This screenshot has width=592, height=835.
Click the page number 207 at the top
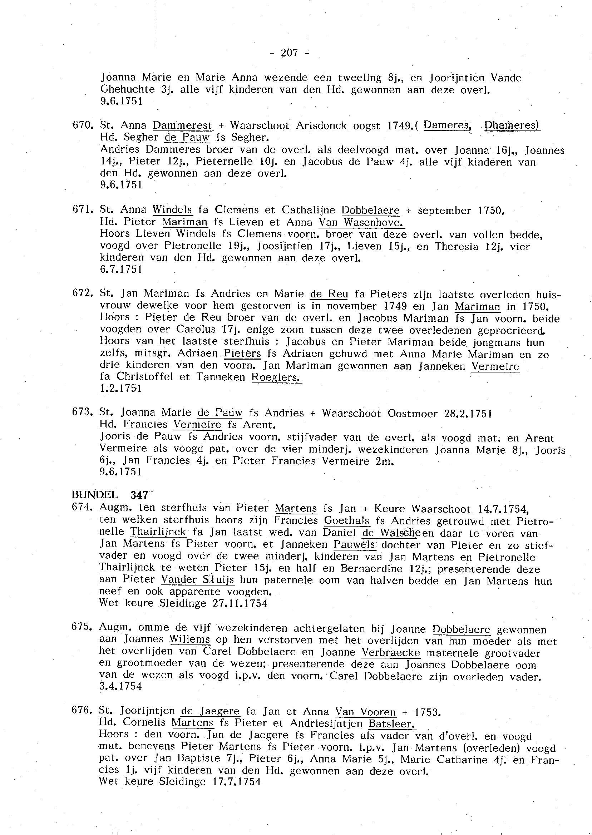click(x=290, y=53)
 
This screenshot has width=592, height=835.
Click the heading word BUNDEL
click(x=95, y=495)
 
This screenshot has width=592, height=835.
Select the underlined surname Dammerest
click(x=182, y=125)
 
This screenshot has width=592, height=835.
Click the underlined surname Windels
click(x=172, y=210)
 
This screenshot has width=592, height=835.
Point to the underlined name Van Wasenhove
click(x=361, y=222)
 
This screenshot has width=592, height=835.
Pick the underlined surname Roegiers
click(x=276, y=377)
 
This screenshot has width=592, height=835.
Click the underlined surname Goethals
click(x=347, y=521)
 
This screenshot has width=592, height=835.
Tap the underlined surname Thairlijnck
click(x=158, y=532)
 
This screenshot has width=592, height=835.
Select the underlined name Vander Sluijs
click(x=198, y=579)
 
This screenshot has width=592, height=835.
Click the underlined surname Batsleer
click(x=392, y=723)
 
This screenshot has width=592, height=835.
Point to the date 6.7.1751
click(x=121, y=270)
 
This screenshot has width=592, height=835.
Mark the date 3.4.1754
click(x=120, y=686)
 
